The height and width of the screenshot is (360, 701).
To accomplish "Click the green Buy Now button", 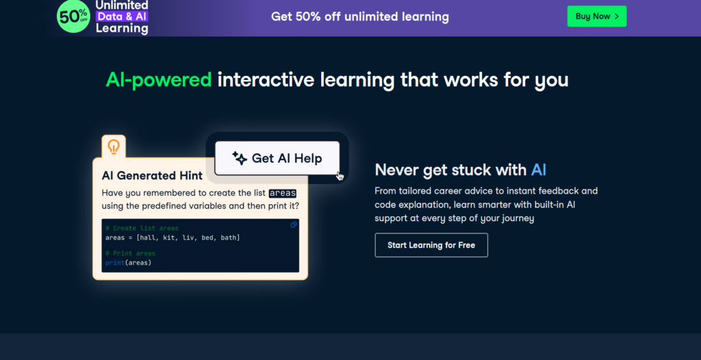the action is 597,16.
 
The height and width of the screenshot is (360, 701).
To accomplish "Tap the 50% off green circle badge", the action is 73,16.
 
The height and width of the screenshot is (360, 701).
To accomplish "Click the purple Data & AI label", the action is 122,16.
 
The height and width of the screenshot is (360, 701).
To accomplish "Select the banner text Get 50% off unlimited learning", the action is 360,16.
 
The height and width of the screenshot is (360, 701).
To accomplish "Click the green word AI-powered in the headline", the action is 159,80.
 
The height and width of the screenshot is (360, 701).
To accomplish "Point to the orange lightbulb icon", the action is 114,146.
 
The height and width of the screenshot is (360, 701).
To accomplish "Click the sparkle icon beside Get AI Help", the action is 240,158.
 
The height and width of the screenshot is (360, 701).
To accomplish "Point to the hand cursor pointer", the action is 340,176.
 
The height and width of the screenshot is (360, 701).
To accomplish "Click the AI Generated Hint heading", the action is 152,175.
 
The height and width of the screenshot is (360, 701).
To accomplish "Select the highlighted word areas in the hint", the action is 283,193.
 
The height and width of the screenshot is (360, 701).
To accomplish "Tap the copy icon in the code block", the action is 293,224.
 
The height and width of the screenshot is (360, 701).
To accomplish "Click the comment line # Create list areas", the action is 142,229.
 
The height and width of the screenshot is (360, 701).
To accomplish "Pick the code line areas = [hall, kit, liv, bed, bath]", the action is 173,237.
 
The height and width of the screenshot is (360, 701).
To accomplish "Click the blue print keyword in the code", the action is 115,263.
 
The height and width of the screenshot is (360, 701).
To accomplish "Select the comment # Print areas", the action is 131,253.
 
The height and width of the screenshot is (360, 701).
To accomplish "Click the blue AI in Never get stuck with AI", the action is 538,170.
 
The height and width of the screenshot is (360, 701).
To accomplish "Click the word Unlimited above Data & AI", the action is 122,5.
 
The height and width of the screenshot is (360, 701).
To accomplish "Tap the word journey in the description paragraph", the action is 519,219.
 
